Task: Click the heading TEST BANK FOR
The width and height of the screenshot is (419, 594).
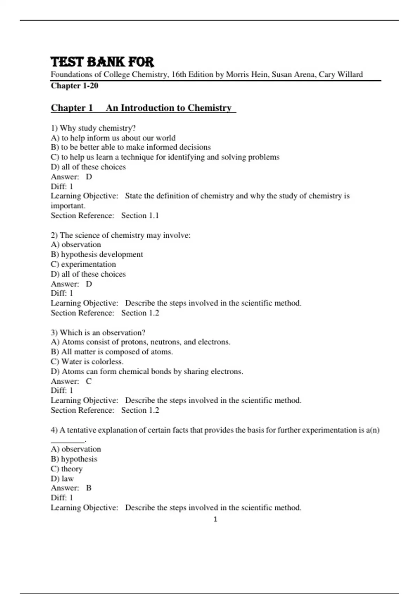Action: coord(102,62)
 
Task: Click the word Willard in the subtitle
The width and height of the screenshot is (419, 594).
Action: coord(350,74)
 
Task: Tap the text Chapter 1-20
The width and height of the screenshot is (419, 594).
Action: coord(74,86)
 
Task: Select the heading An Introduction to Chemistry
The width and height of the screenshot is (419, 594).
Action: coord(169,108)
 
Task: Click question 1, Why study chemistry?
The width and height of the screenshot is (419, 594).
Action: coord(93,128)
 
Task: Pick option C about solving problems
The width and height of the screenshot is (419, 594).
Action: coord(165,157)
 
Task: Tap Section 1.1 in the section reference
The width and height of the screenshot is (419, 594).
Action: coord(140,216)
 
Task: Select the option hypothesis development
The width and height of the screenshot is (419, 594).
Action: coord(97,254)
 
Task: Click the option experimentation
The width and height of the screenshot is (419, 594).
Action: coord(83,264)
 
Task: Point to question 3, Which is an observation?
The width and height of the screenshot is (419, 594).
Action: coord(98,332)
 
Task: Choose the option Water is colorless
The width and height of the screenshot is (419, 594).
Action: coord(87,362)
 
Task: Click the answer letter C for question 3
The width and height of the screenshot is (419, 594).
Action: coord(89,381)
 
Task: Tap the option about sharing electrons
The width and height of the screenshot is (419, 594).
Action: coord(147,371)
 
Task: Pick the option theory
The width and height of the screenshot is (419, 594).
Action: coord(67,469)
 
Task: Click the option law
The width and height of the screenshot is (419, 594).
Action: coord(62,478)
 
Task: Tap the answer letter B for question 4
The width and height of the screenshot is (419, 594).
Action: coord(89,488)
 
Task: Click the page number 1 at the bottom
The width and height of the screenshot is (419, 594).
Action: coord(215,519)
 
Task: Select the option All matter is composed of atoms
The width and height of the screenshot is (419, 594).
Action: coord(112,352)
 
